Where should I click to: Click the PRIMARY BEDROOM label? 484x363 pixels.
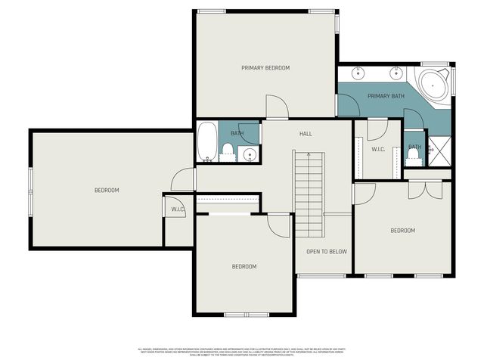pyautogui.click(x=265, y=68)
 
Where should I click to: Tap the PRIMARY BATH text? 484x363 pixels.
pyautogui.click(x=386, y=97)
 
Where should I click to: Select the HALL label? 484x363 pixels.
pyautogui.click(x=306, y=134)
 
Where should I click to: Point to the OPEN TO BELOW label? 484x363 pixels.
pyautogui.click(x=326, y=252)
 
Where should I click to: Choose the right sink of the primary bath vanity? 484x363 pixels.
pyautogui.click(x=396, y=73)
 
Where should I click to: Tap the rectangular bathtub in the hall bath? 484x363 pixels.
pyautogui.click(x=207, y=142)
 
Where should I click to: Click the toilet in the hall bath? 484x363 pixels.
pyautogui.click(x=228, y=151)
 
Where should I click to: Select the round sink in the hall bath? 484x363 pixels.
pyautogui.click(x=251, y=154)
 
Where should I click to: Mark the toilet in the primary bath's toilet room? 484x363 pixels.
pyautogui.click(x=413, y=157)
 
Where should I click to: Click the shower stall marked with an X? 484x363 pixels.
pyautogui.click(x=439, y=150)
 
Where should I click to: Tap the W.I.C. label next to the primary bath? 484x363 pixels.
pyautogui.click(x=378, y=150)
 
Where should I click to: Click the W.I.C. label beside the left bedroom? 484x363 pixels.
pyautogui.click(x=178, y=209)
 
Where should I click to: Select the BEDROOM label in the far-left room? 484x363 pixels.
pyautogui.click(x=107, y=190)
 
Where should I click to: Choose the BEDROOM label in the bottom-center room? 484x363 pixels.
pyautogui.click(x=244, y=266)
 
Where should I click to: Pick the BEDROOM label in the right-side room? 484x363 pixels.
pyautogui.click(x=402, y=231)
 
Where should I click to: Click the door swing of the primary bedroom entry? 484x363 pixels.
pyautogui.click(x=277, y=109)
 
